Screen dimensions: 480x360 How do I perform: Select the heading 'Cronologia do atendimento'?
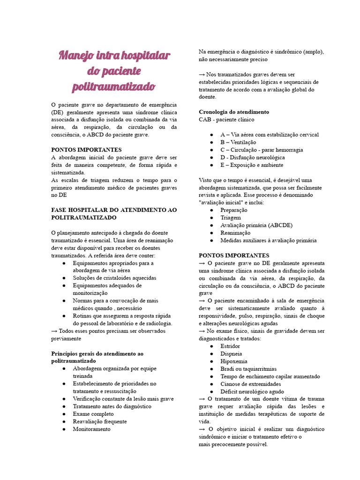pyautogui.click(x=234, y=112)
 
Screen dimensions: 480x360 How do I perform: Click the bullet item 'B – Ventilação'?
pyautogui.click(x=238, y=142)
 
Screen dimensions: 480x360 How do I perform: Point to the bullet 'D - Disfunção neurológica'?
pyautogui.click(x=252, y=157)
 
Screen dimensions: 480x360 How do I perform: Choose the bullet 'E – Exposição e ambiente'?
pyautogui.click(x=252, y=165)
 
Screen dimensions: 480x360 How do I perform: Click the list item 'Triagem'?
pyautogui.click(x=231, y=217)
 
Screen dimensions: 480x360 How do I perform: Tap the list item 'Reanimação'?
pyautogui.click(x=235, y=233)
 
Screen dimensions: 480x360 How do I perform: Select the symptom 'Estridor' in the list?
pyautogui.click(x=230, y=346)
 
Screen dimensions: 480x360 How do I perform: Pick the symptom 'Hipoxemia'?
pyautogui.click(x=233, y=361)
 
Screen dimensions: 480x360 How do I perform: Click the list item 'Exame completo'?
pyautogui.click(x=93, y=414)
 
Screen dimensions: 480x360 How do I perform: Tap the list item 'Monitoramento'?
pyautogui.click(x=92, y=429)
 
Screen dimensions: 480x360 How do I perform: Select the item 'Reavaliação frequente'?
pyautogui.click(x=100, y=421)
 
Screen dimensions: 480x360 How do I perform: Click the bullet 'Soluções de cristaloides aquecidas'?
pyautogui.click(x=114, y=278)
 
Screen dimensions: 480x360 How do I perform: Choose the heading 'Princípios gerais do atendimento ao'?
pyautogui.click(x=97, y=353)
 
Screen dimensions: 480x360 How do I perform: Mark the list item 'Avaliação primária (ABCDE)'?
pyautogui.click(x=256, y=225)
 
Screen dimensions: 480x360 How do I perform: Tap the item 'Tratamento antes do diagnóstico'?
pyautogui.click(x=112, y=406)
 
